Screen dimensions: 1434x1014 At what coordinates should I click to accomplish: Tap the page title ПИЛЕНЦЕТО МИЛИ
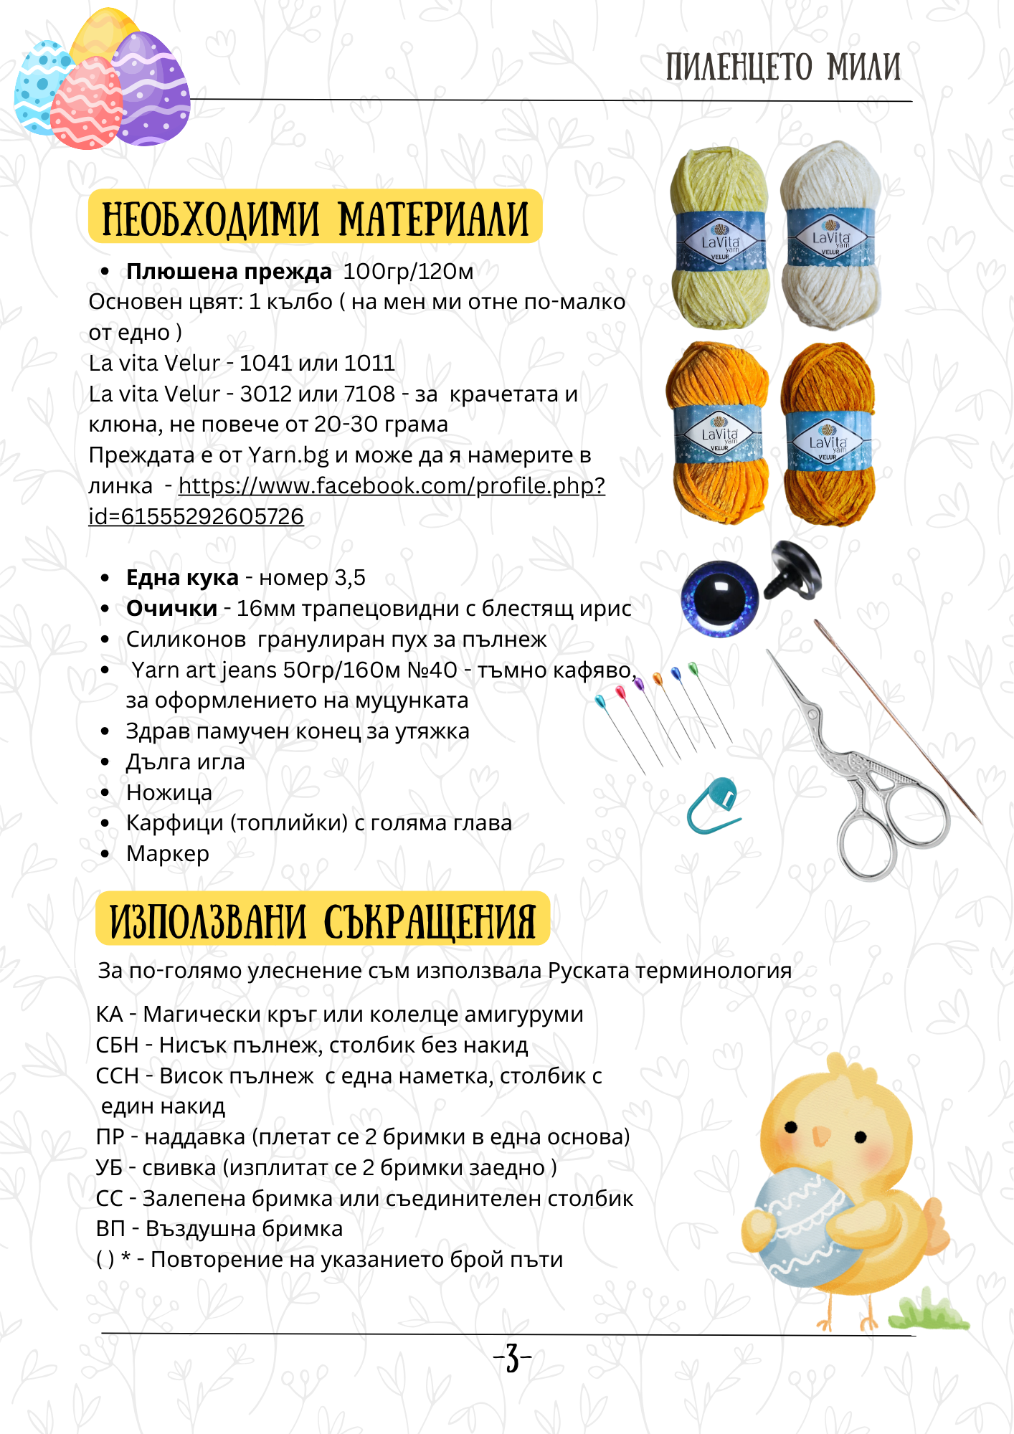(782, 67)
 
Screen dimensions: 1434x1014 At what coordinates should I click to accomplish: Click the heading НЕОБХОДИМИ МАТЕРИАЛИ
(315, 218)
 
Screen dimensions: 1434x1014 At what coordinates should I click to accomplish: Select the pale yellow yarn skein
(719, 239)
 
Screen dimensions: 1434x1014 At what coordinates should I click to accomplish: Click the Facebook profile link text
(391, 486)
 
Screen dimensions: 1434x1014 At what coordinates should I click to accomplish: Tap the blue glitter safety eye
(719, 599)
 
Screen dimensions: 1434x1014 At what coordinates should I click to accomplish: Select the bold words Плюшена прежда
(229, 272)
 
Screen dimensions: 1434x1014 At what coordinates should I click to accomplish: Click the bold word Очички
(171, 609)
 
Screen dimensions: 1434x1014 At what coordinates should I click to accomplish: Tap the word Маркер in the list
(168, 854)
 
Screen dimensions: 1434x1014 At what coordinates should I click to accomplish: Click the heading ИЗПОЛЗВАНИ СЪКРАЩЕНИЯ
(323, 921)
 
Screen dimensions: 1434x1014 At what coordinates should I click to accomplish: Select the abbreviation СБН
(117, 1045)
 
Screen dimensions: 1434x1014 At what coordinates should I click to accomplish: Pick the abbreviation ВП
(110, 1229)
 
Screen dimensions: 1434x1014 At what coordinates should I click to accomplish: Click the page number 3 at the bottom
(512, 1357)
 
